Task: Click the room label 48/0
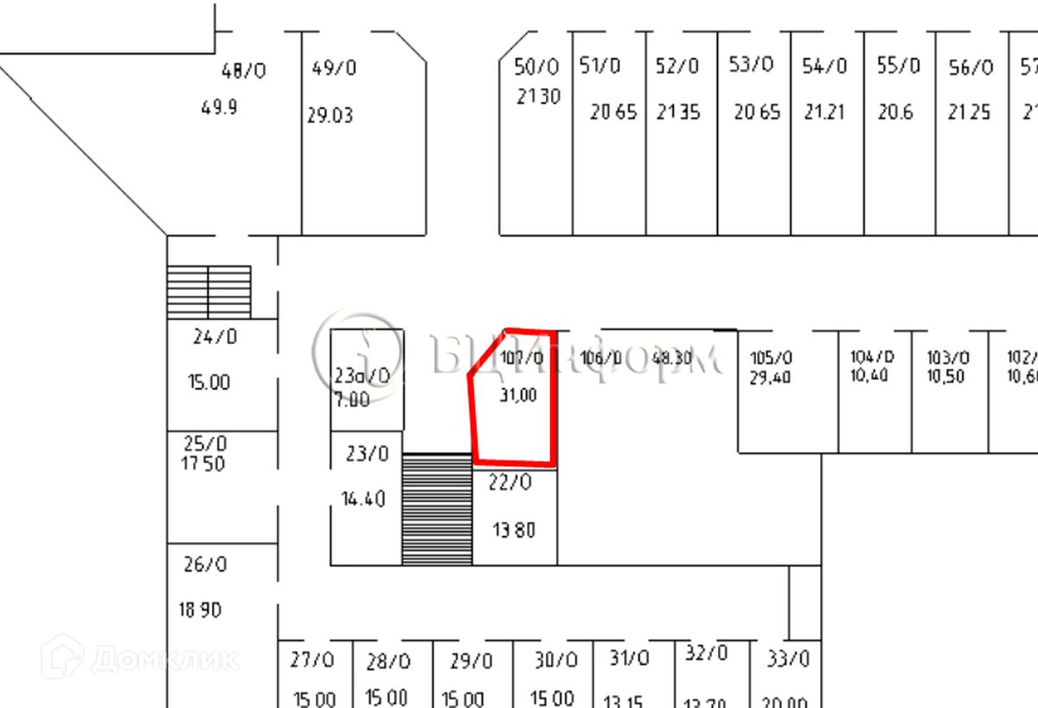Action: (243, 71)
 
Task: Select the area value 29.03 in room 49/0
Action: (330, 115)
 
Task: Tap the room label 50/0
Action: (536, 67)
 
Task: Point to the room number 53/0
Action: (751, 65)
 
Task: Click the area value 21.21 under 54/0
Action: (823, 112)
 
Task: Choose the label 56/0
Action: (971, 68)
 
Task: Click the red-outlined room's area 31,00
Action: (518, 395)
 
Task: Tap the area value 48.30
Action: (671, 358)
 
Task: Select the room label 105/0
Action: (771, 359)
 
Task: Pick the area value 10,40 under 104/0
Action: (869, 376)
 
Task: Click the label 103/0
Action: (948, 358)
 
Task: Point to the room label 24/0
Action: (215, 336)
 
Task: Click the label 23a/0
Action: (362, 376)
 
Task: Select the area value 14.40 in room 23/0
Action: (363, 499)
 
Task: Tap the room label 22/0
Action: (509, 483)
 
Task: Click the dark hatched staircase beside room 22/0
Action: (437, 510)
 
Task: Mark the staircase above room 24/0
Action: (208, 291)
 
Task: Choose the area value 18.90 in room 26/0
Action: (200, 610)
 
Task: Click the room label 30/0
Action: (555, 661)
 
